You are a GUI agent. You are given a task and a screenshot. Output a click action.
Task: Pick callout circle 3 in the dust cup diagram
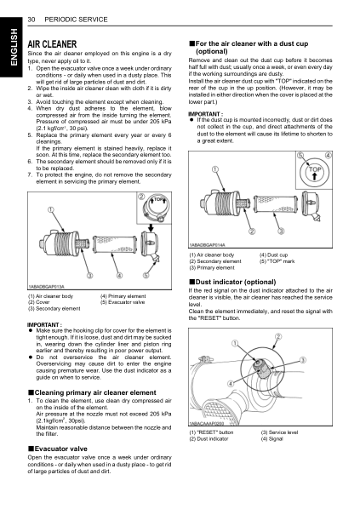coord(277,231)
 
